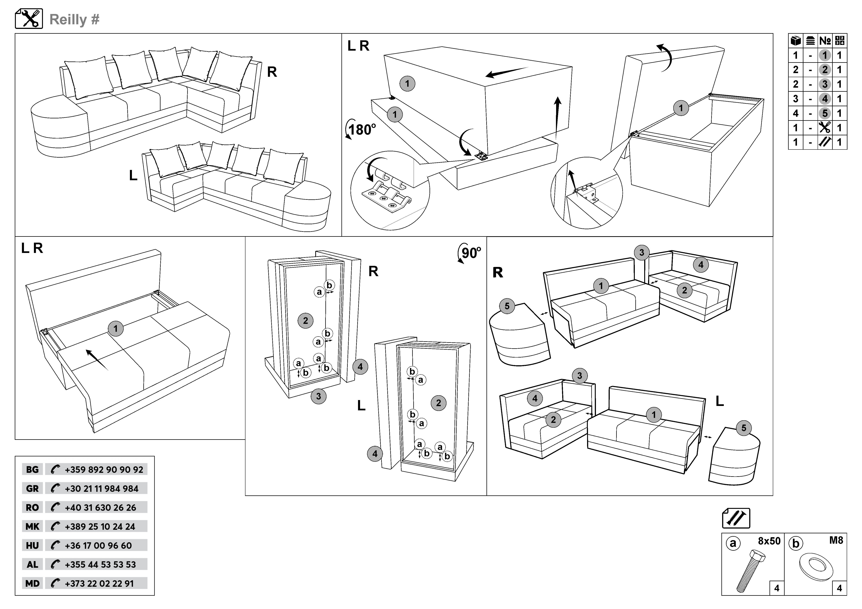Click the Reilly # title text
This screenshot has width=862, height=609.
74,20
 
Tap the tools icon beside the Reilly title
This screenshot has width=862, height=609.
29,19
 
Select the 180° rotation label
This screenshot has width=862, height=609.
361,130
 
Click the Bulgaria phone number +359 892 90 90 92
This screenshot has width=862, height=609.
104,469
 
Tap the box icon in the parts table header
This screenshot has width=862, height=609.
795,41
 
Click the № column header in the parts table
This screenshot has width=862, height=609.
825,41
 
